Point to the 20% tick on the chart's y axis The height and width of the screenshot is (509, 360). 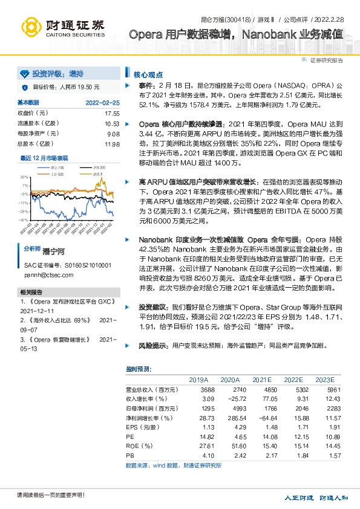[x=24, y=177]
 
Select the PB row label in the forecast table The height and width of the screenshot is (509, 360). [x=129, y=456]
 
